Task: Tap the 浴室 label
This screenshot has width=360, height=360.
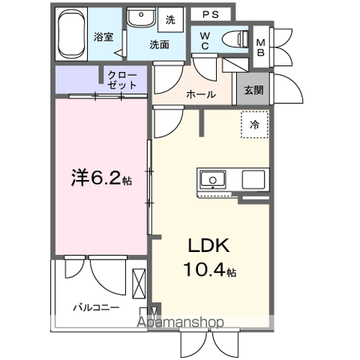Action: (x=103, y=36)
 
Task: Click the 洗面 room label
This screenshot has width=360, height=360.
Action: (x=158, y=44)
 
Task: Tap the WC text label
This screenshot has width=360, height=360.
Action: (x=204, y=40)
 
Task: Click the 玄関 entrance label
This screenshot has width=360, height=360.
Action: (x=253, y=90)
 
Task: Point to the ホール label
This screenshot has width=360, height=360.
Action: (x=200, y=94)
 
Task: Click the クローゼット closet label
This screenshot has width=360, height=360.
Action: (x=121, y=79)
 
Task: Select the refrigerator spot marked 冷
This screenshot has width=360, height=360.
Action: (x=254, y=125)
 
